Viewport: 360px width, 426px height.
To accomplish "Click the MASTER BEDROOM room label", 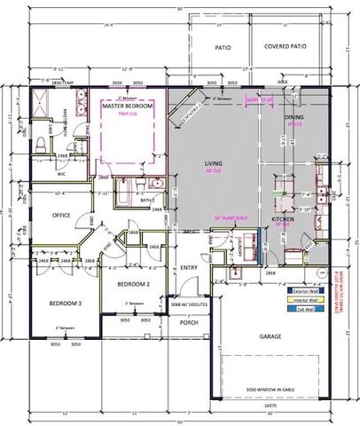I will [x=129, y=106].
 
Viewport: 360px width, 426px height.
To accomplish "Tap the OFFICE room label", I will [x=61, y=215].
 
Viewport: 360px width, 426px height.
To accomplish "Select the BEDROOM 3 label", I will [x=62, y=304].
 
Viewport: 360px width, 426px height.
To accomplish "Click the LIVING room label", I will [x=214, y=163].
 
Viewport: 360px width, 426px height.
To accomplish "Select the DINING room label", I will [x=293, y=116].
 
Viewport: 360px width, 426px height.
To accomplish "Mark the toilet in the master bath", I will [x=43, y=146].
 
